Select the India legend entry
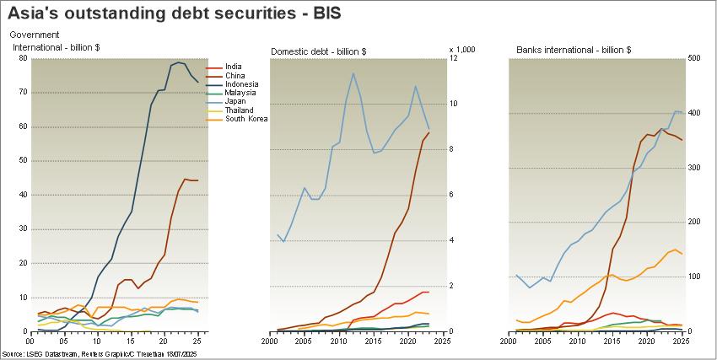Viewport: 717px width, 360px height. point(234,67)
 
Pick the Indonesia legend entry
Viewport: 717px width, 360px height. point(241,84)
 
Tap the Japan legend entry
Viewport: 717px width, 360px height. point(236,102)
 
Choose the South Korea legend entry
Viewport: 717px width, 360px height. point(246,119)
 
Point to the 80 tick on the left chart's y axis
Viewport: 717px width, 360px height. point(21,58)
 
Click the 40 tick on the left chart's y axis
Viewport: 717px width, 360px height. point(21,195)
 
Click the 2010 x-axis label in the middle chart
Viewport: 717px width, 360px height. point(338,341)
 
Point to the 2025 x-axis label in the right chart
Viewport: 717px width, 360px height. point(681,341)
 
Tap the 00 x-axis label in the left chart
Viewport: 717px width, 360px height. point(30,341)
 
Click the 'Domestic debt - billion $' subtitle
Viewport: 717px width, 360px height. point(318,51)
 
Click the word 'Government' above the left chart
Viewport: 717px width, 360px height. point(35,35)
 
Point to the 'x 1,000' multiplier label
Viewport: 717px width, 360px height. point(462,49)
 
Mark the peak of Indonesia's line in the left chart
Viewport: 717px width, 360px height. point(178,62)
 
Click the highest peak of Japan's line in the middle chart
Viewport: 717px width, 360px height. point(353,73)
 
